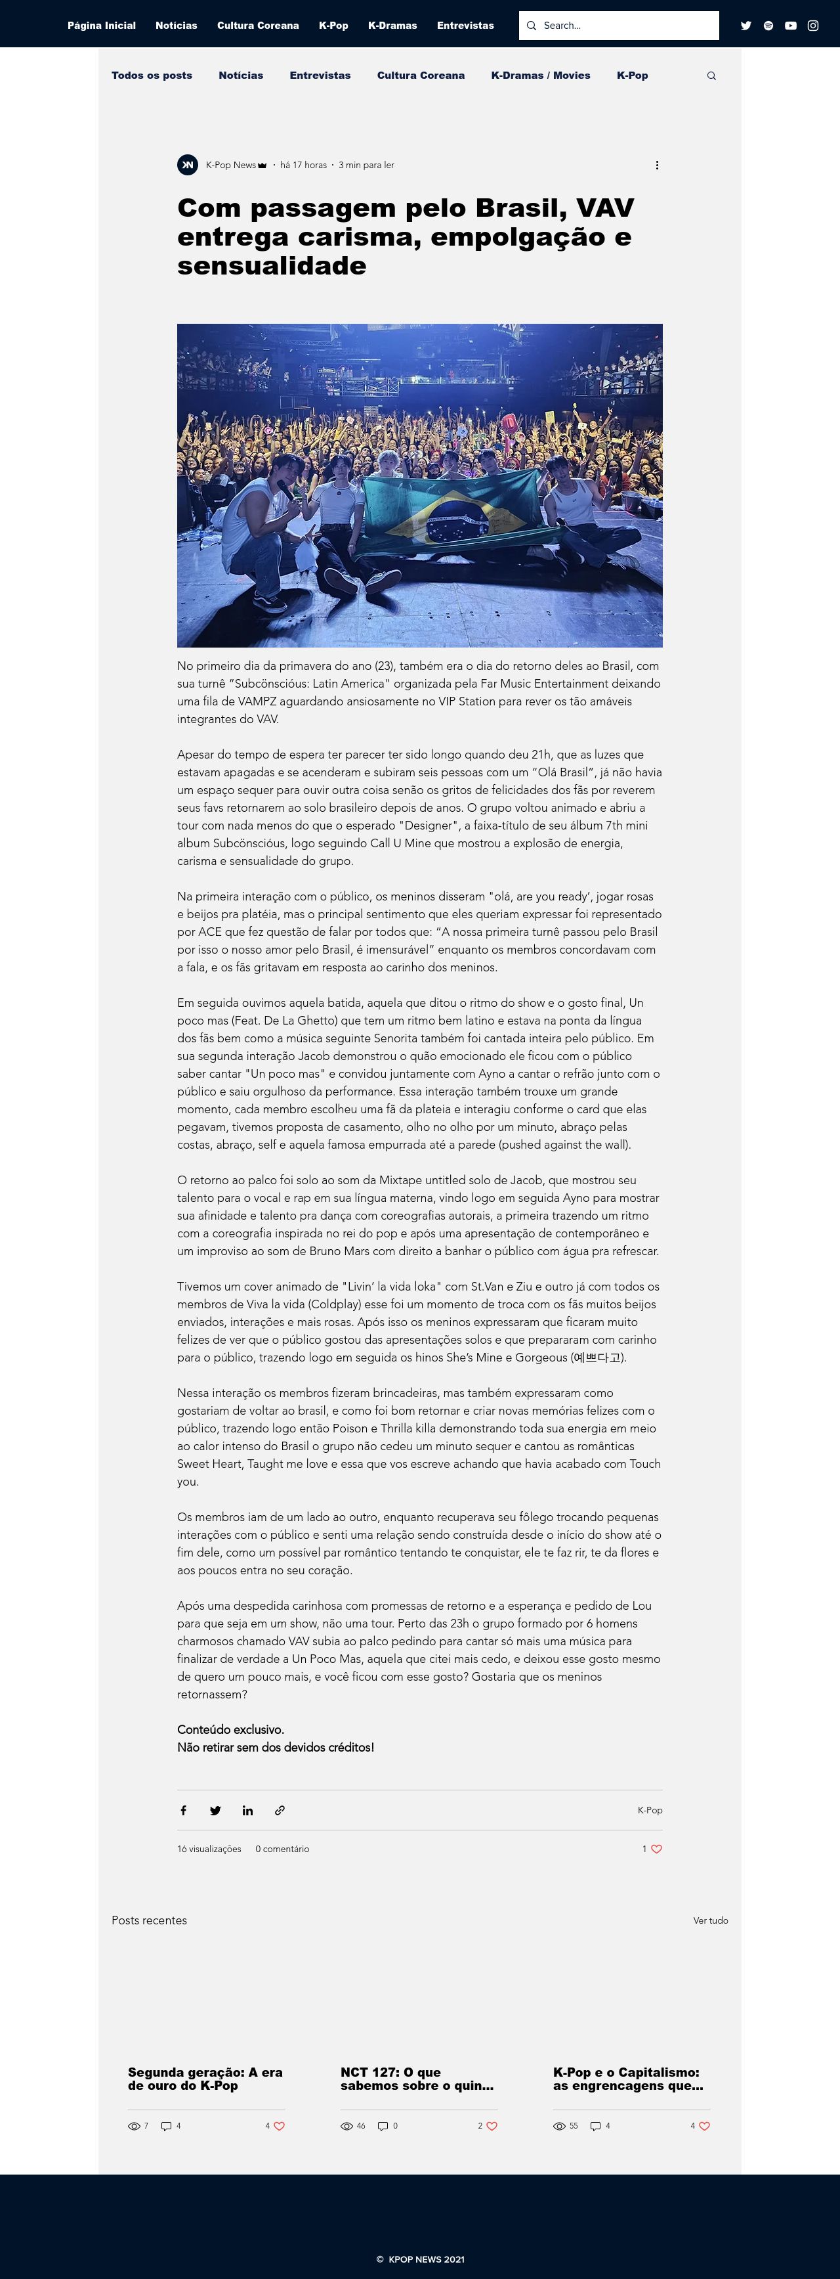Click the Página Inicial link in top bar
point(102,26)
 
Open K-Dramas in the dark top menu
point(392,26)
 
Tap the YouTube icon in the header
point(791,26)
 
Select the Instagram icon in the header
point(812,26)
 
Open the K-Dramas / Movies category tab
point(540,75)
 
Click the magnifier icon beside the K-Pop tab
point(711,76)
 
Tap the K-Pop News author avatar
point(188,166)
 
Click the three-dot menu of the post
point(656,166)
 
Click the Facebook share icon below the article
point(183,1810)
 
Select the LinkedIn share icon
point(247,1810)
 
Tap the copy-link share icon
point(280,1810)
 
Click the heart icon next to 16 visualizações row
point(656,1849)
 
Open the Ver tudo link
point(710,1920)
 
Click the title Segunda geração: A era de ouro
point(205,2078)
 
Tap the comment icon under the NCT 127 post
point(383,2126)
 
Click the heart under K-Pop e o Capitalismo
point(705,2126)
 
